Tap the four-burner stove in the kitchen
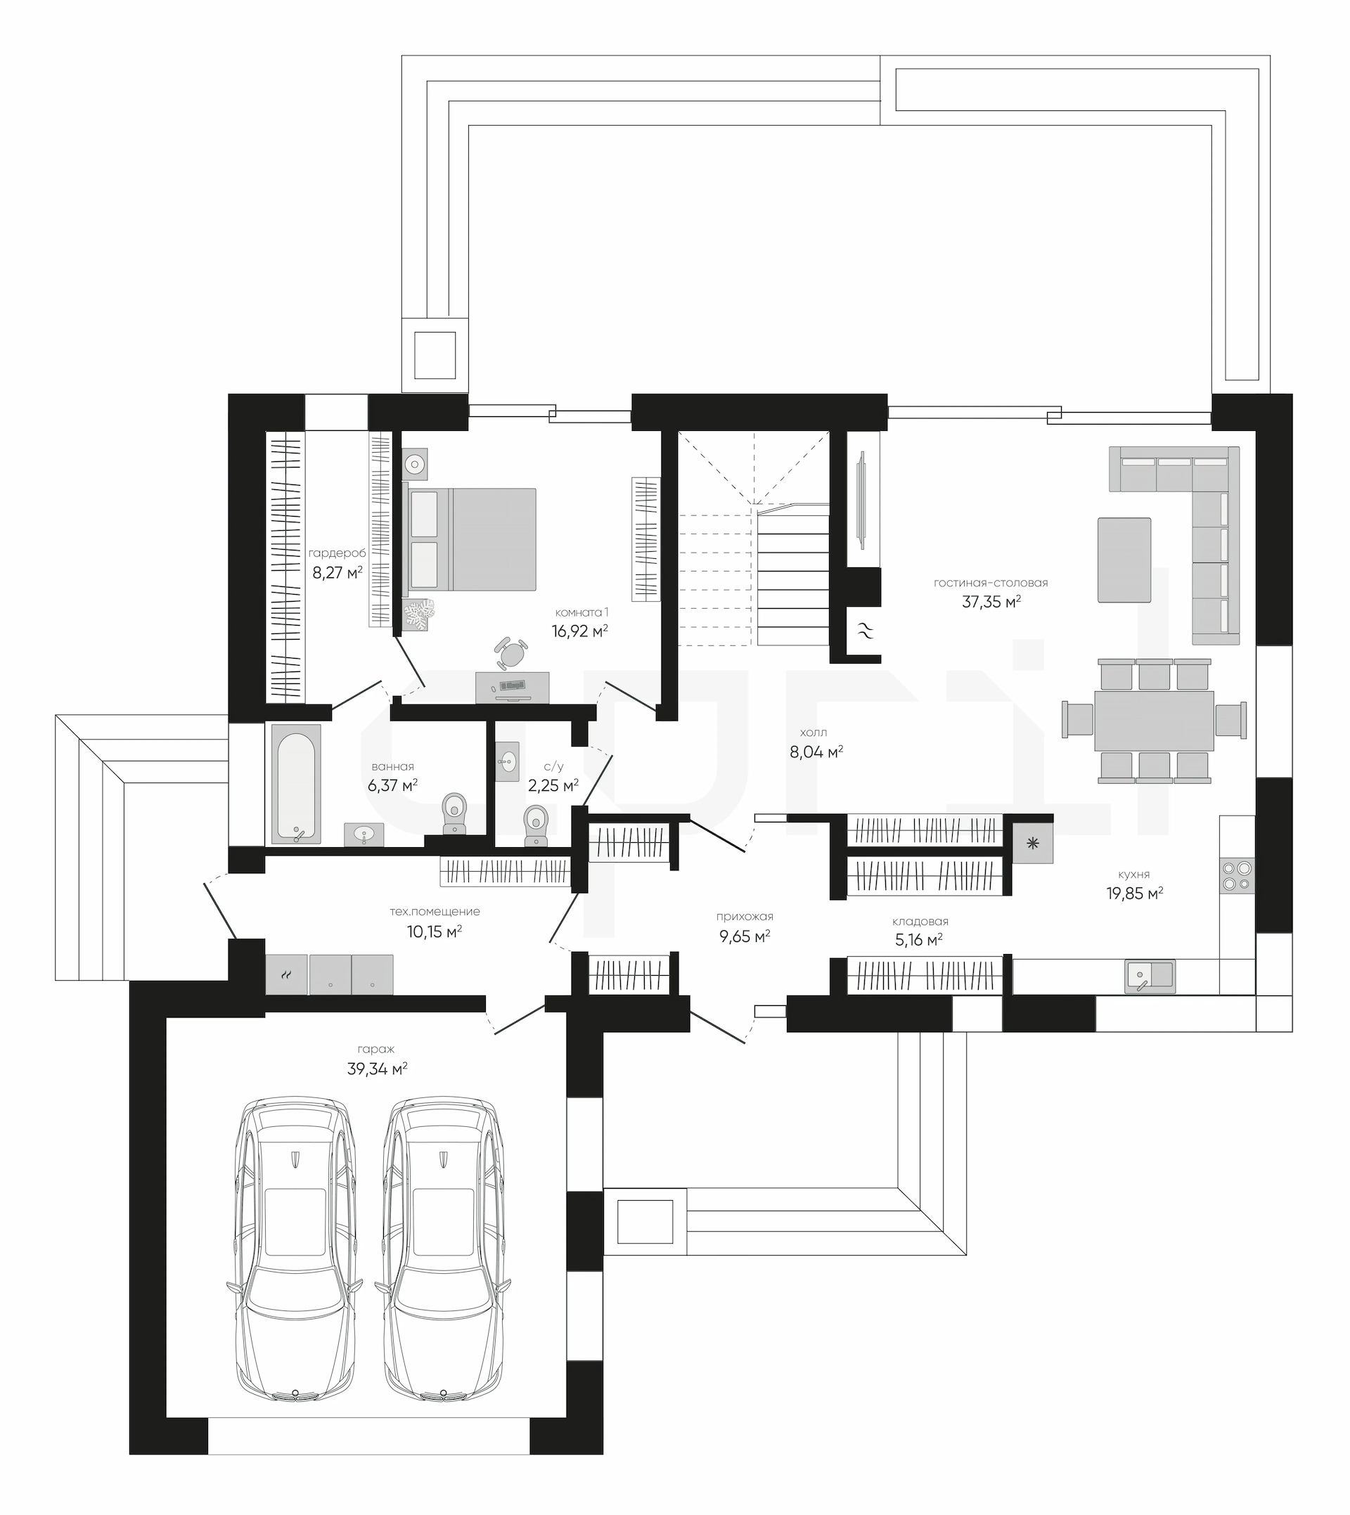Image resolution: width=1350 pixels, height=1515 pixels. click(1237, 875)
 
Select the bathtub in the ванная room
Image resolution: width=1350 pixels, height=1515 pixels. click(296, 784)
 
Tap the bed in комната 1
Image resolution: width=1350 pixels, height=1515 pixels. click(470, 539)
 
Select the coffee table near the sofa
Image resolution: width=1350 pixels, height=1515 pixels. click(1124, 560)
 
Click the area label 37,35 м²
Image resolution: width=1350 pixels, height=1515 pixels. click(991, 602)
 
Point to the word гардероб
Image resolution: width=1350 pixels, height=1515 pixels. click(337, 553)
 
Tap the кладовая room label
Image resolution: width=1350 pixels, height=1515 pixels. click(920, 922)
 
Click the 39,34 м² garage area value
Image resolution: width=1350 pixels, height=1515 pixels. click(377, 1069)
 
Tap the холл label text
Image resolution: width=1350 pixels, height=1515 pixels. click(814, 733)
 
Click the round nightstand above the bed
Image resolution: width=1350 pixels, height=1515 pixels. click(415, 465)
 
